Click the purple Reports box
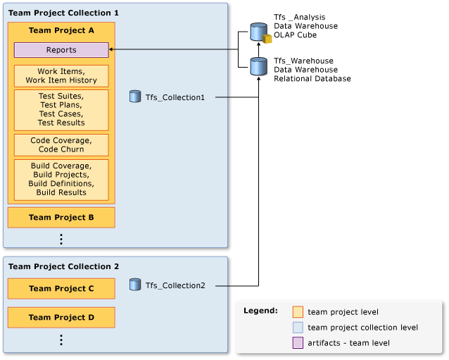click(x=61, y=50)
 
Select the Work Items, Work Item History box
click(x=61, y=76)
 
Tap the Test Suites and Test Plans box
click(x=61, y=109)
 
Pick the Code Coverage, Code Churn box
click(x=61, y=145)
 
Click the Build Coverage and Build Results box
click(x=61, y=179)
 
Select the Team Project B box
click(x=61, y=218)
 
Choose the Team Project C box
click(x=61, y=289)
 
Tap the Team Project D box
click(x=61, y=318)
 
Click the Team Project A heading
click(x=61, y=31)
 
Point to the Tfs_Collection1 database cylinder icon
click(x=135, y=97)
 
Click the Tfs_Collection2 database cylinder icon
click(x=135, y=285)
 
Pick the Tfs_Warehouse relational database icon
click(x=260, y=67)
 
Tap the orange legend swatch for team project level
click(x=298, y=311)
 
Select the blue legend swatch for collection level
click(x=298, y=327)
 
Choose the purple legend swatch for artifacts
click(x=298, y=342)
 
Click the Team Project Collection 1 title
click(x=63, y=13)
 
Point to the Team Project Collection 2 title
click(x=63, y=266)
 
